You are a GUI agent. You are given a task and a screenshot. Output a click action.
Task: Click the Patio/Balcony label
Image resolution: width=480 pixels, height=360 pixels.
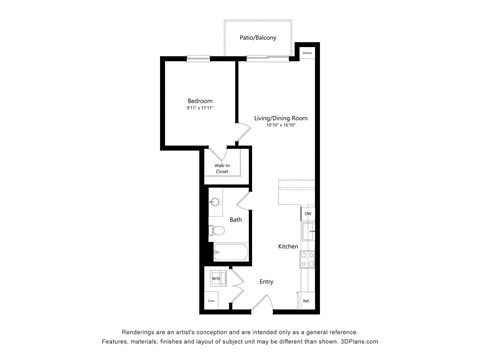[257, 38]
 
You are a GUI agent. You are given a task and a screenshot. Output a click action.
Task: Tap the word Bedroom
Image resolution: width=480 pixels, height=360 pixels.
[200, 100]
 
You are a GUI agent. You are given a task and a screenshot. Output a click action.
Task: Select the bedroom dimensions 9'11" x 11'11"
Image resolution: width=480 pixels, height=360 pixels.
[200, 108]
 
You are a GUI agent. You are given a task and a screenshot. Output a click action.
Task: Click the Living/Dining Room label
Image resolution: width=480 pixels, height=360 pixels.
[280, 118]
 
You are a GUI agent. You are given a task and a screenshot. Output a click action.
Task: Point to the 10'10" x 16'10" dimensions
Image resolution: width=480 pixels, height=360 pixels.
[280, 126]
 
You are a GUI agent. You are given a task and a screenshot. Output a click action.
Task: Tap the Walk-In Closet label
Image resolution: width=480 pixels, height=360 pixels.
[221, 168]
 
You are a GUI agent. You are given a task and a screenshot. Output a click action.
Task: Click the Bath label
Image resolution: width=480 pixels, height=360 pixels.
[236, 220]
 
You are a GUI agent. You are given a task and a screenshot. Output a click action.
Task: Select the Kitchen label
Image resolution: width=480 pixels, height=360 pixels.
[288, 246]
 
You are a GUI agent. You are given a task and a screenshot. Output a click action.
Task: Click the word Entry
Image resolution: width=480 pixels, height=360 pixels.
[267, 281]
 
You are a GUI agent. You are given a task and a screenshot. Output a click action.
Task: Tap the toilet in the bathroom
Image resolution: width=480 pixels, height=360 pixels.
[216, 232]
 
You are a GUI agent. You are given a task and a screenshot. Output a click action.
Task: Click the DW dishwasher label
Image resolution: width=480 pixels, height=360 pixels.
[308, 214]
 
